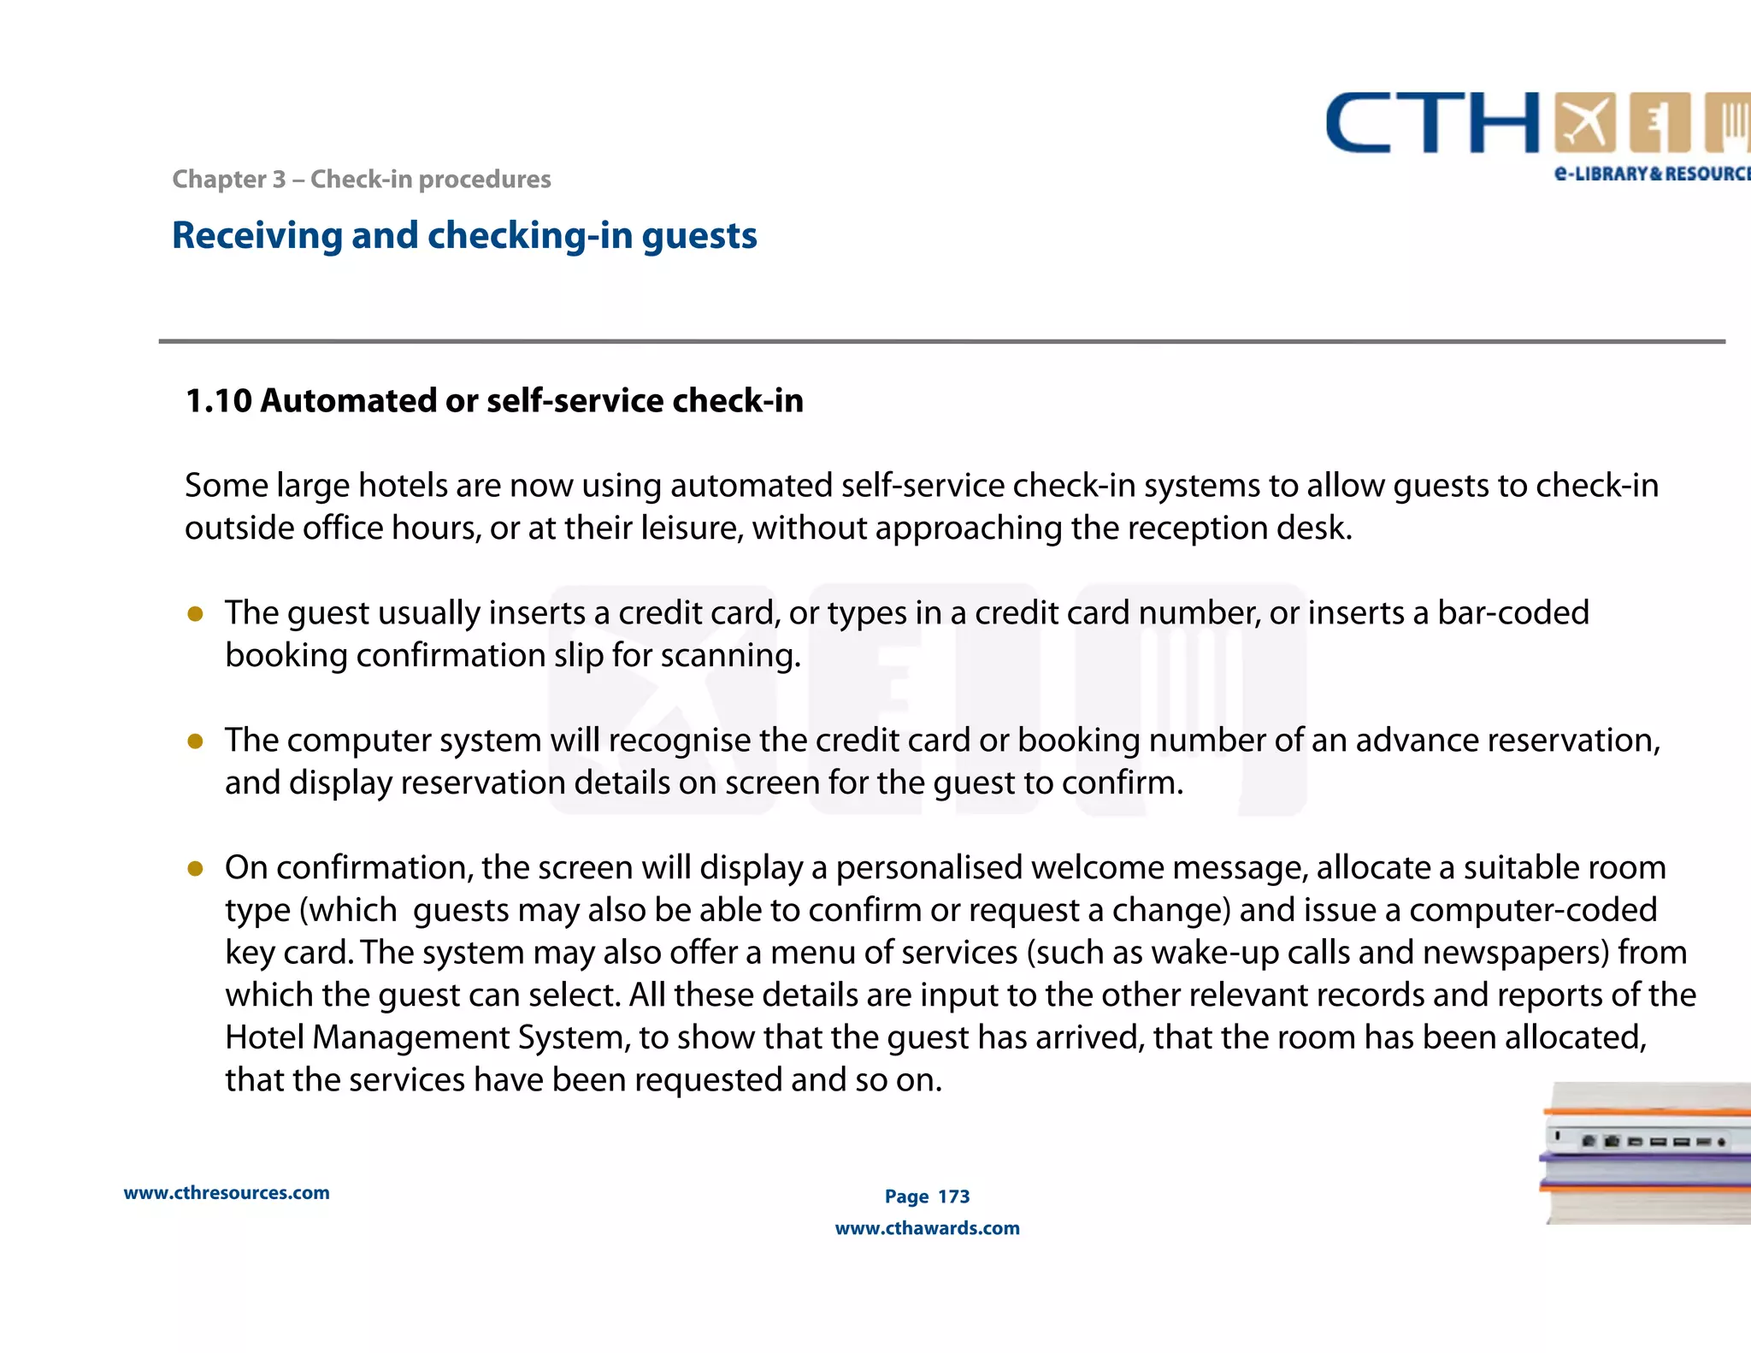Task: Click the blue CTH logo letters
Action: [1432, 124]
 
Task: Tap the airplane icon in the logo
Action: [1584, 122]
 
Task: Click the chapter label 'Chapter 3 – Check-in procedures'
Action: [361, 179]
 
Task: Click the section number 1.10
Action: [218, 400]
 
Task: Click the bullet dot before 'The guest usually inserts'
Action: [195, 613]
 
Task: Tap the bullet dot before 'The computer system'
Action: [195, 741]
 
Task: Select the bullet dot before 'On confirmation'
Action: [195, 868]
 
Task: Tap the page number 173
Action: [953, 1196]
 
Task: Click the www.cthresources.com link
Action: [227, 1193]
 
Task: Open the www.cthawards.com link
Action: [927, 1228]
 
